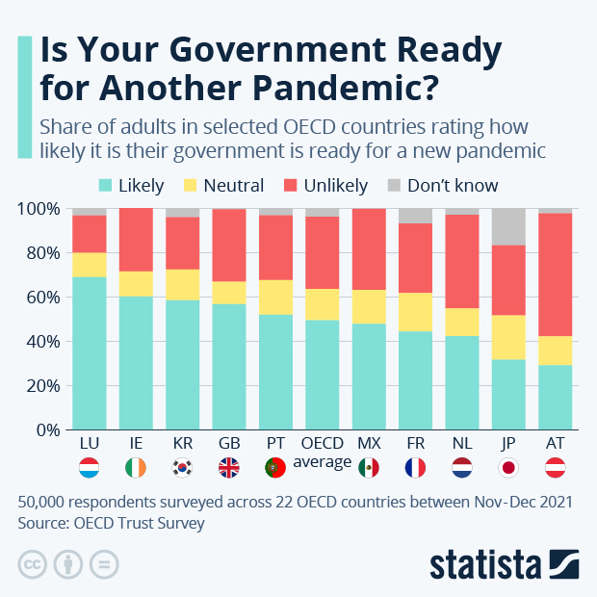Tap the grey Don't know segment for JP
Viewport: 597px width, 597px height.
[x=508, y=226]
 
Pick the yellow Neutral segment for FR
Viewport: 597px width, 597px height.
[x=415, y=312]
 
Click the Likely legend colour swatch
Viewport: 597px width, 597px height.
[x=106, y=186]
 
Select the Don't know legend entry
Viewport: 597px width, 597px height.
[x=453, y=186]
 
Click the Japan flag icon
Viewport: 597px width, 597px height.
[x=508, y=469]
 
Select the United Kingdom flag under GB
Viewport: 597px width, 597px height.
[x=229, y=469]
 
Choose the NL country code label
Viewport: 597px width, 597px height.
[x=461, y=444]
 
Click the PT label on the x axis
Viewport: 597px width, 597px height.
[x=275, y=444]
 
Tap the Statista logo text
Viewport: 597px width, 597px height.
[x=486, y=563]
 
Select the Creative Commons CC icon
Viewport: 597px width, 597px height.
[x=34, y=563]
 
